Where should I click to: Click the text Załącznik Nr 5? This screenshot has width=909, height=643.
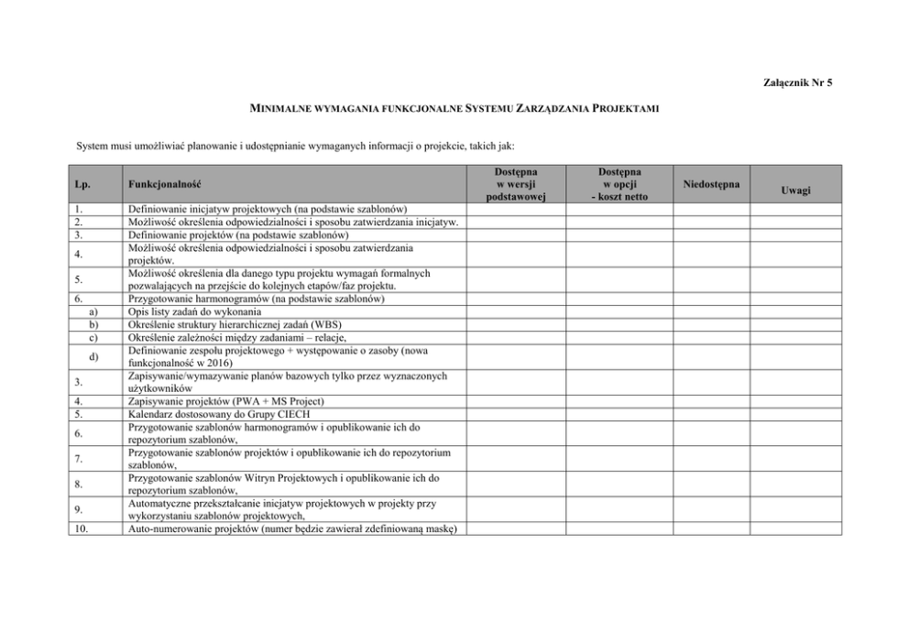tap(796, 83)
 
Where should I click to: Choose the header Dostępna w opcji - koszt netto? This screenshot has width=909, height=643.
tap(619, 183)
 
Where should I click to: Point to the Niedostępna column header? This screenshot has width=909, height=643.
tap(712, 183)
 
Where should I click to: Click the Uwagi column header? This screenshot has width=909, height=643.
tap(795, 190)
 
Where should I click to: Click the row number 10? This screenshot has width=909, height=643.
tap(81, 528)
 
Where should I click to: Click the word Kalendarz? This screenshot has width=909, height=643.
tap(152, 414)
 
